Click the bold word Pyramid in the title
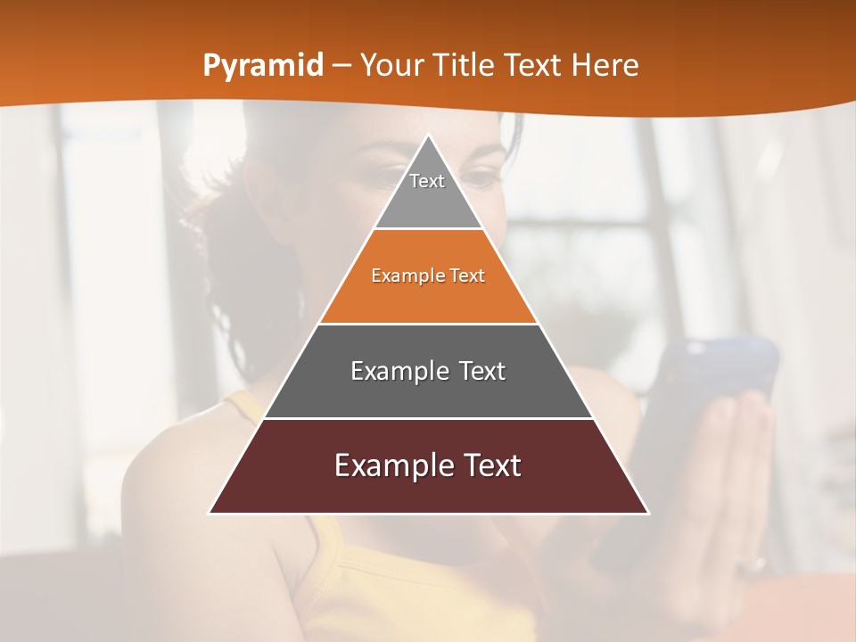tap(262, 66)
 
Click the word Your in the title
tap(393, 65)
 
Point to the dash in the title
tap(342, 66)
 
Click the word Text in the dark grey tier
tap(477, 371)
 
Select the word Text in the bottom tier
tap(492, 465)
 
